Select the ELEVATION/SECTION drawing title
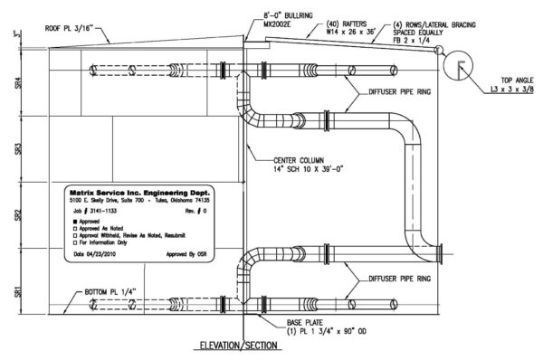click(243, 345)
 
